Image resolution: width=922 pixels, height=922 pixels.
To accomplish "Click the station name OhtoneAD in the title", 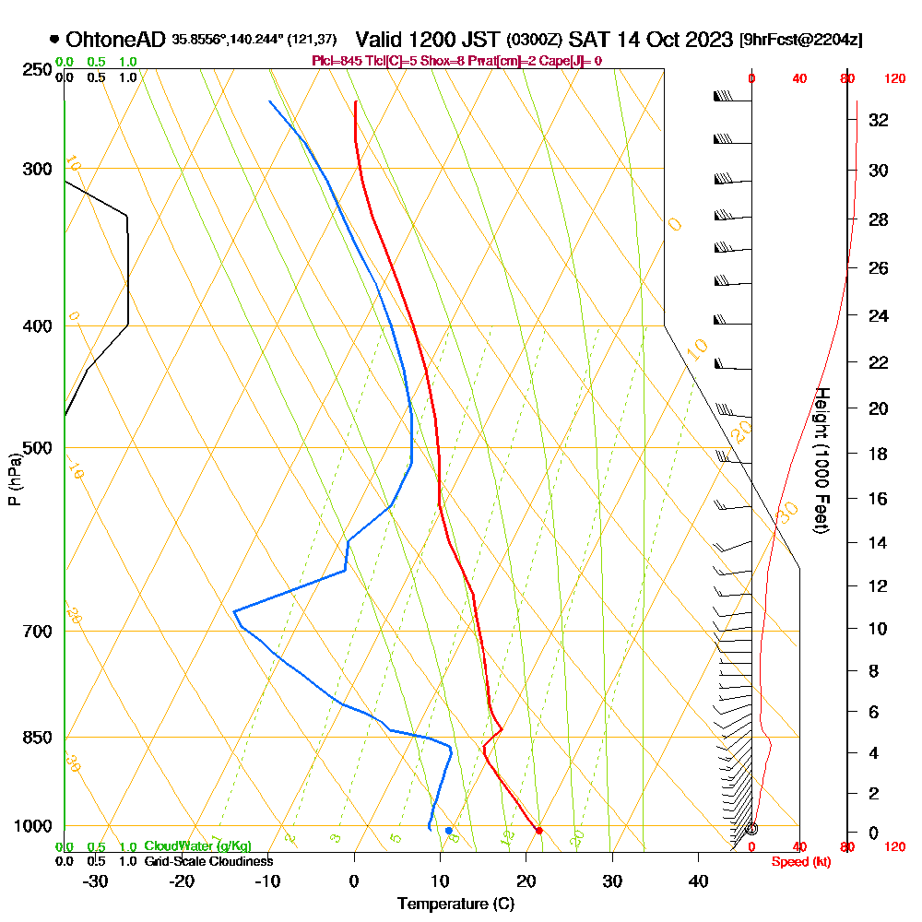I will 116,40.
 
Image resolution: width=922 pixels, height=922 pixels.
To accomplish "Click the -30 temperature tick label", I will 96,881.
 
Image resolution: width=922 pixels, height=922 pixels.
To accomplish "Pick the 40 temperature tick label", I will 698,881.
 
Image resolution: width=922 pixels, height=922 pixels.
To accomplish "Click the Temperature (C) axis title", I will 455,904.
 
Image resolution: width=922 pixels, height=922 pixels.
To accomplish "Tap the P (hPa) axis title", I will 14,479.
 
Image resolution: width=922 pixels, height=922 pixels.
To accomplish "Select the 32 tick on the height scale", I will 879,120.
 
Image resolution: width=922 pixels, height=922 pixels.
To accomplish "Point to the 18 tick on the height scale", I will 879,454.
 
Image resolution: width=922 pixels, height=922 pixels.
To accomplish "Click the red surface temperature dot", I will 539,830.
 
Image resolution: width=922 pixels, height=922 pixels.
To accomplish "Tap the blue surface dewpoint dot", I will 449,831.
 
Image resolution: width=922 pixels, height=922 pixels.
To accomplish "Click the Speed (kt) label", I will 794,861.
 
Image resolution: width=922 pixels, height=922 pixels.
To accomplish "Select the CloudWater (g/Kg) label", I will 197,846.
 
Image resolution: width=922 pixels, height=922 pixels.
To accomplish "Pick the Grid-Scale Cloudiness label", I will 208,861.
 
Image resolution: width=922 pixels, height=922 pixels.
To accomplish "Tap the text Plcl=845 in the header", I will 337,61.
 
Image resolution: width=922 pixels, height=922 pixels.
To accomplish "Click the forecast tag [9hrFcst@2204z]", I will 800,41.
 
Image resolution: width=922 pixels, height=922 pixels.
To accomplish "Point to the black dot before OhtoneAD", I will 54,40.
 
